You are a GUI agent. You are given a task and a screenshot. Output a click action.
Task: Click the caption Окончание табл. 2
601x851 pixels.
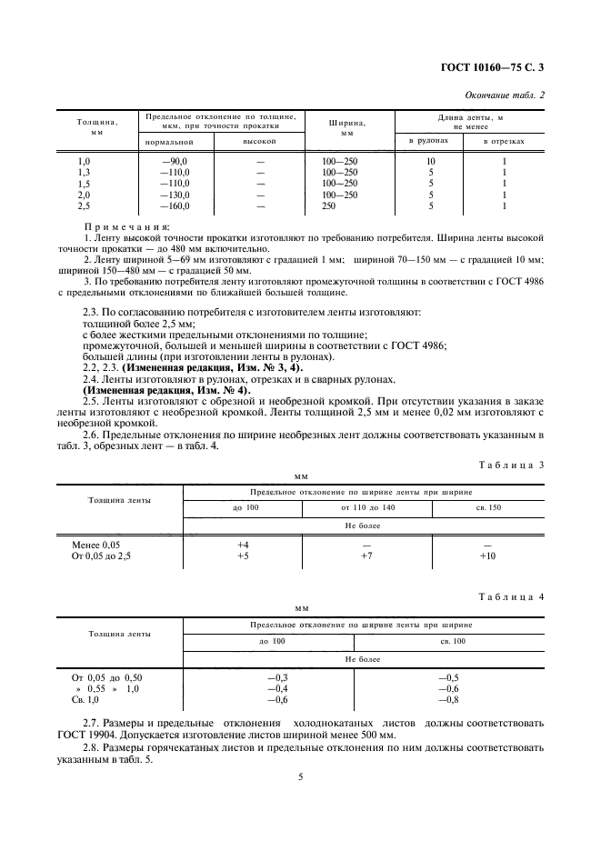[x=505, y=95]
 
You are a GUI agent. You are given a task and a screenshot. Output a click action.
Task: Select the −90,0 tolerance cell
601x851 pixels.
[x=174, y=161]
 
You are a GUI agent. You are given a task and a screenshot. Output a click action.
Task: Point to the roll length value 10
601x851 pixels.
[x=430, y=161]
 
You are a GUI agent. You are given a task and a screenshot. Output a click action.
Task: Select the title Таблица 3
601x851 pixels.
[x=510, y=465]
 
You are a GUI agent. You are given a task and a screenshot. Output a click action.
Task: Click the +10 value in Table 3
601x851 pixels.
[x=487, y=556]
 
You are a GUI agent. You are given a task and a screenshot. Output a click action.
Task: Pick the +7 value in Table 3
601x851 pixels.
[x=366, y=556]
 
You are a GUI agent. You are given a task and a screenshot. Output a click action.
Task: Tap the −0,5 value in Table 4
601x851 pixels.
[x=447, y=678]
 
